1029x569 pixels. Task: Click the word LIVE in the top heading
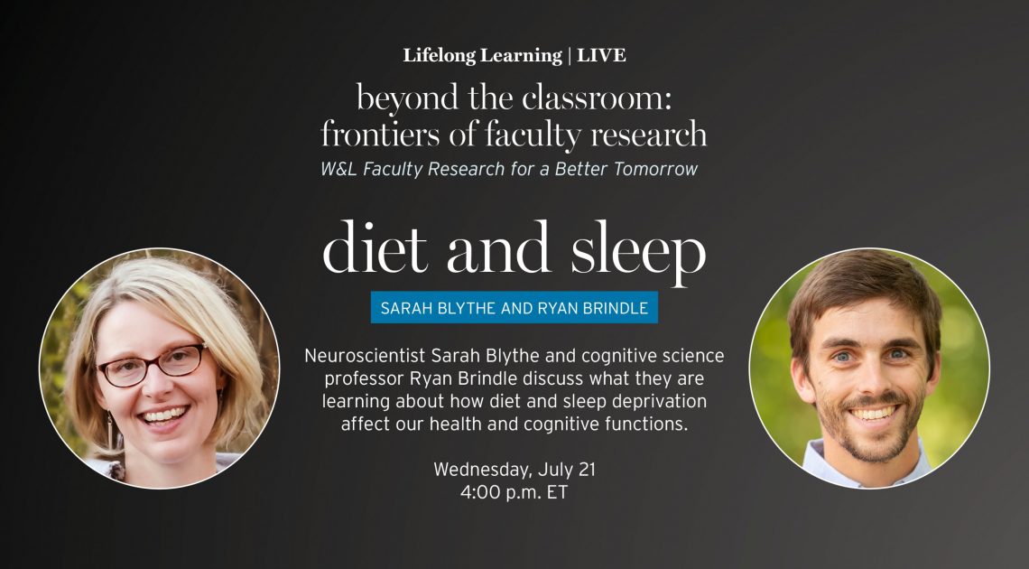point(601,56)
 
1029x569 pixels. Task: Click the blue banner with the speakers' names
point(514,307)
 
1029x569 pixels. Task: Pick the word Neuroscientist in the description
point(366,356)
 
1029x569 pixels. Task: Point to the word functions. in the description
point(646,424)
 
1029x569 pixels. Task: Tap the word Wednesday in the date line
point(483,470)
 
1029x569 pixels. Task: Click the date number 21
point(586,470)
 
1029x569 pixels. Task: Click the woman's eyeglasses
point(152,365)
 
